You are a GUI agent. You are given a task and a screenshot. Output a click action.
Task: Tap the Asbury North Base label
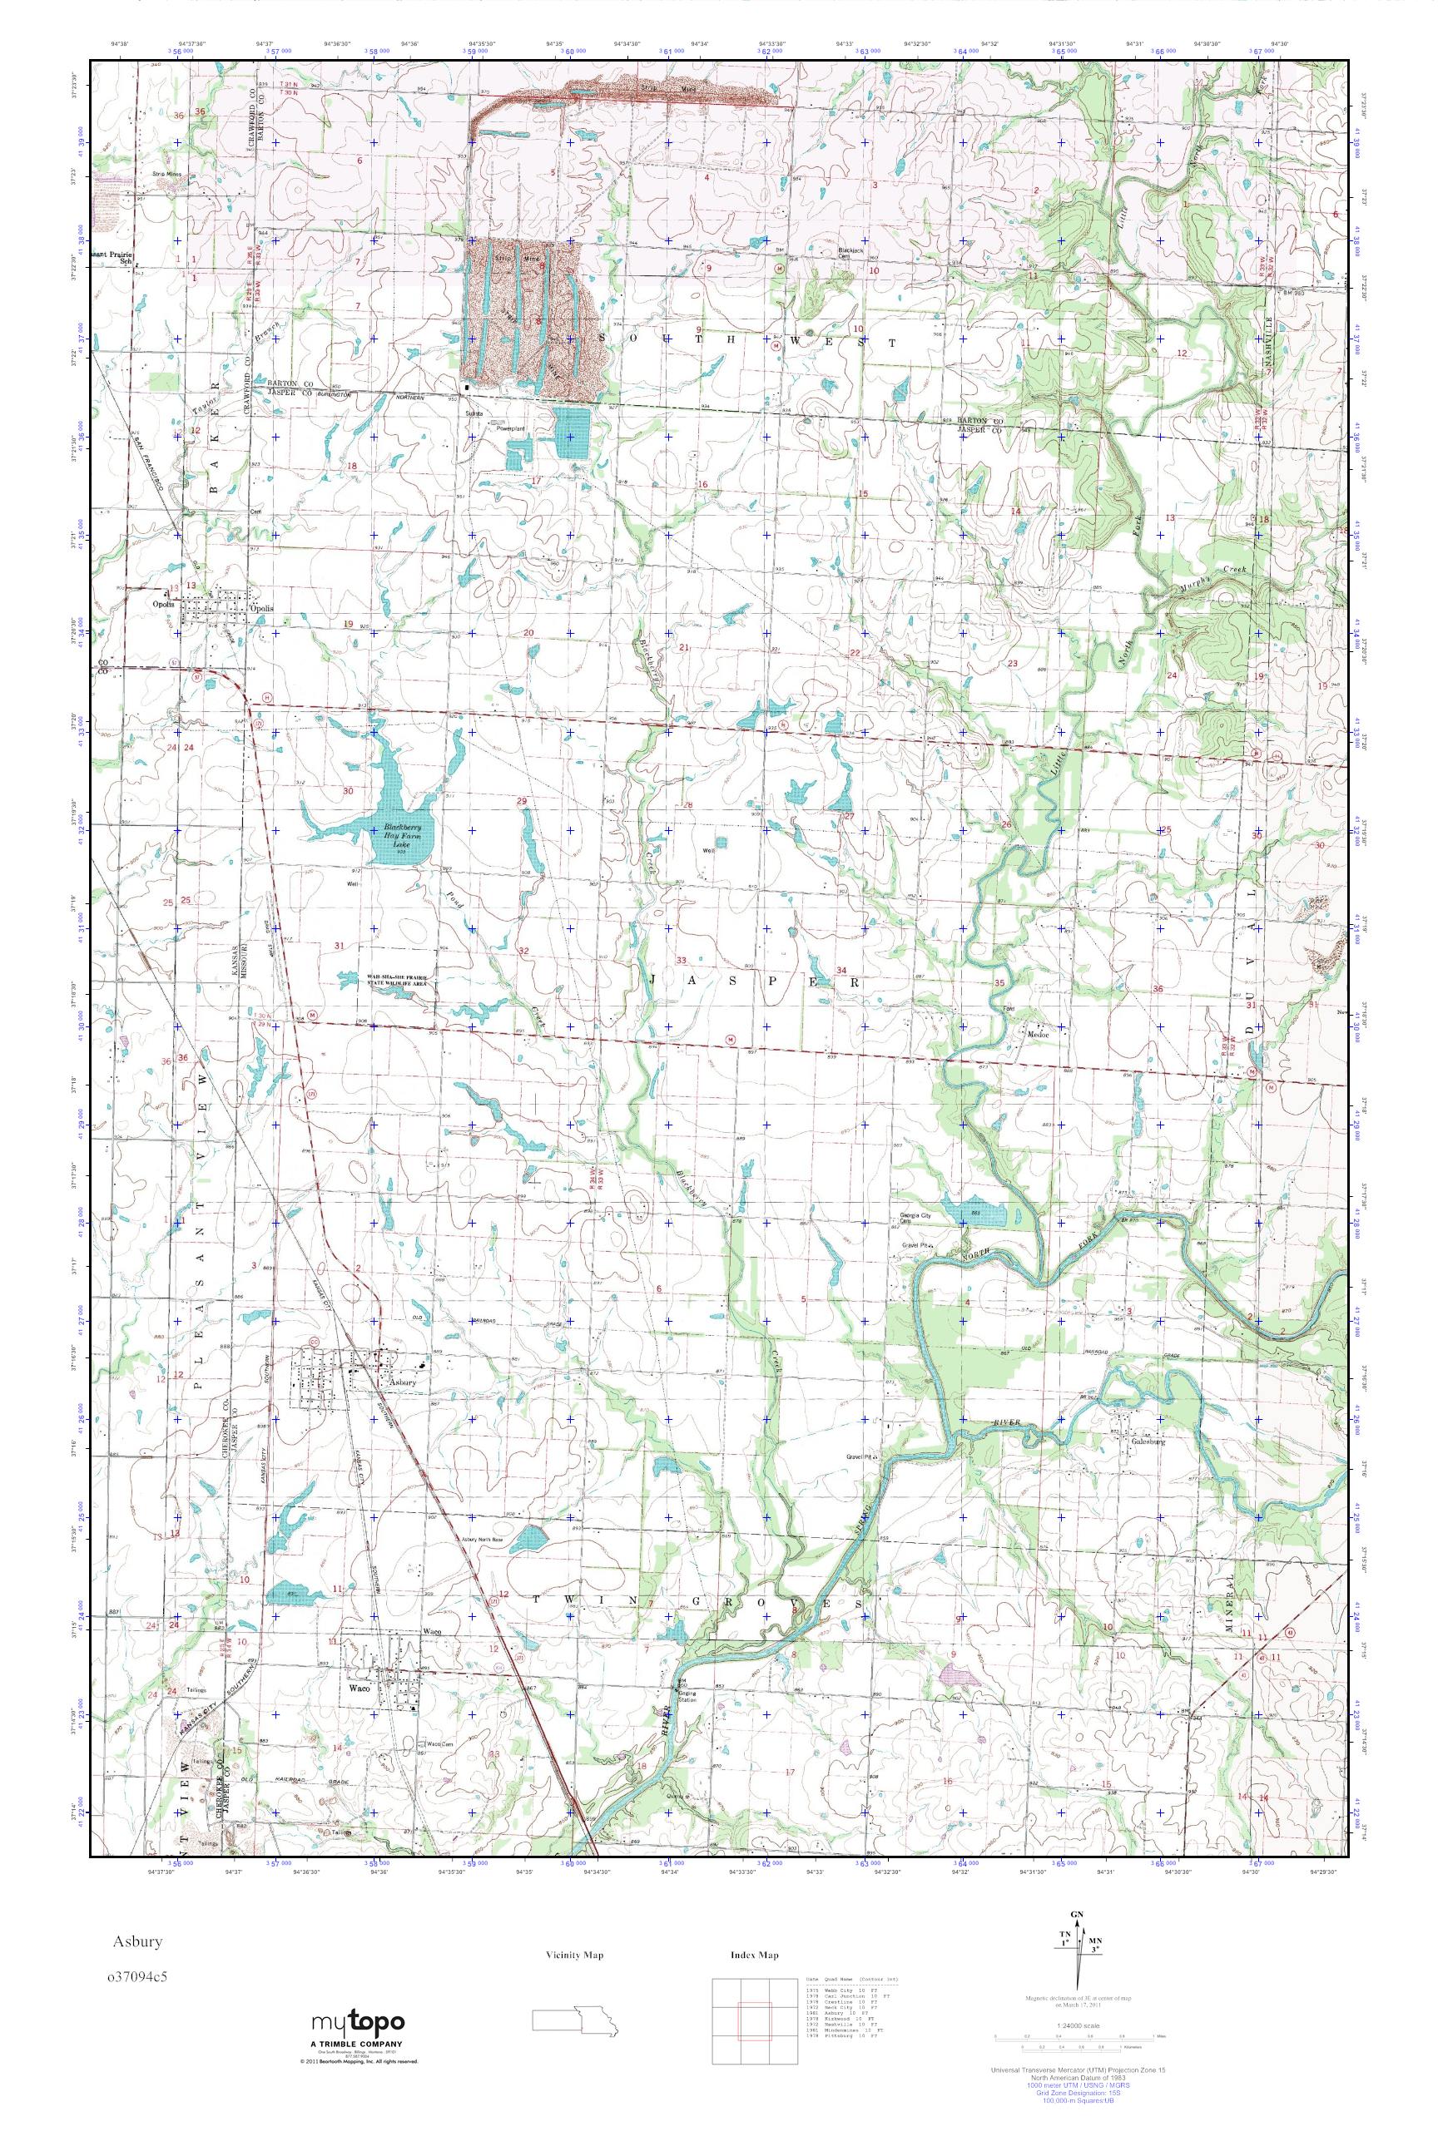tap(483, 1539)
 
